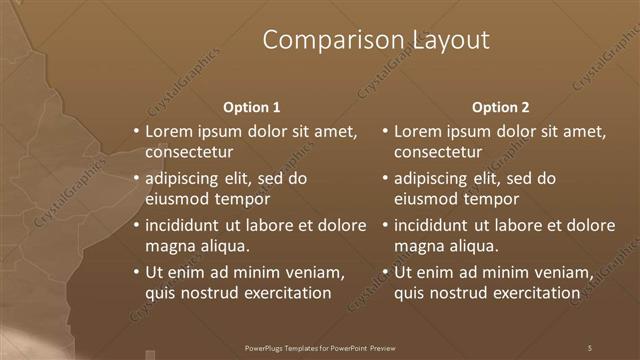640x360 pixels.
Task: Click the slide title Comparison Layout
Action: pyautogui.click(x=376, y=40)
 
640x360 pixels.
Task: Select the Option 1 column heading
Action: pyautogui.click(x=251, y=107)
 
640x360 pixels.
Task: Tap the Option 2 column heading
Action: pyautogui.click(x=500, y=107)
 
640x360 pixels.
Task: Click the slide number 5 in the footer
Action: pyautogui.click(x=590, y=347)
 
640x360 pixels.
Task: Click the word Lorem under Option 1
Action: pyautogui.click(x=169, y=131)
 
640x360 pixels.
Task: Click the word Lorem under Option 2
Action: pyautogui.click(x=418, y=131)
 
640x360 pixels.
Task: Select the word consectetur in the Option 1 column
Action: pyautogui.click(x=189, y=152)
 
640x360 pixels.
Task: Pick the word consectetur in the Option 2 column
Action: pyautogui.click(x=438, y=152)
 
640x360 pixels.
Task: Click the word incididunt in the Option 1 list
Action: pyautogui.click(x=184, y=225)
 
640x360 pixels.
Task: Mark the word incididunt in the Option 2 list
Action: pyautogui.click(x=433, y=225)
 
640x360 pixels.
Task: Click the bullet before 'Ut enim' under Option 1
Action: pyautogui.click(x=136, y=272)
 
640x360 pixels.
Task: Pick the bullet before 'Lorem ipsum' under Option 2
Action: pyautogui.click(x=385, y=131)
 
